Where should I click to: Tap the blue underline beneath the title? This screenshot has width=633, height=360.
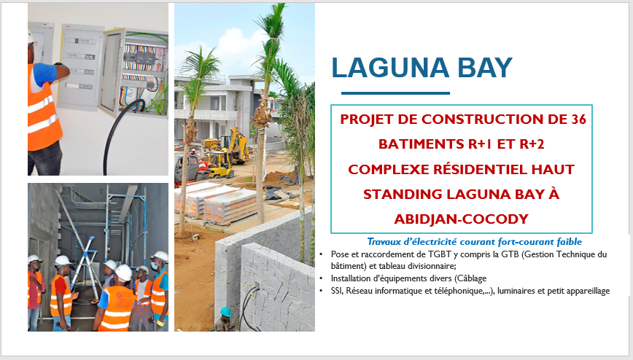point(395,93)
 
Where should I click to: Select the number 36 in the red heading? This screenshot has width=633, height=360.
point(578,120)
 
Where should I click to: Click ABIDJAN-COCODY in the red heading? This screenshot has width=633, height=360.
point(462,219)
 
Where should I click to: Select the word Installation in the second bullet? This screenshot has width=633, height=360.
point(350,278)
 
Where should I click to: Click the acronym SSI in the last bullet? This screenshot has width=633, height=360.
point(337,291)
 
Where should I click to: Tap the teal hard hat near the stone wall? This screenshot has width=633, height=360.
point(225,312)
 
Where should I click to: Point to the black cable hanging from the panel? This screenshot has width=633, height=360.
point(117,133)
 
